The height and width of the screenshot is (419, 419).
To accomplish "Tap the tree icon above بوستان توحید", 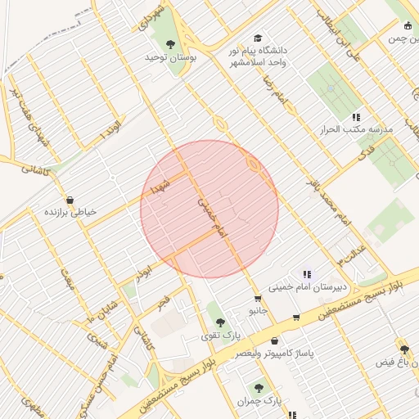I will pyautogui.click(x=170, y=44).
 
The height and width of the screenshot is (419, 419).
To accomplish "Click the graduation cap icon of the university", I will pyautogui.click(x=259, y=38).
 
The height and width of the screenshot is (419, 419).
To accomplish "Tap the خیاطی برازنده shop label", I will pyautogui.click(x=70, y=211).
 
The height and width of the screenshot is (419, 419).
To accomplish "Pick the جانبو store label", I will pyautogui.click(x=258, y=311).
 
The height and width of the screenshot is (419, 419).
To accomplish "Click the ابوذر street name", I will pyautogui.click(x=144, y=270).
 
